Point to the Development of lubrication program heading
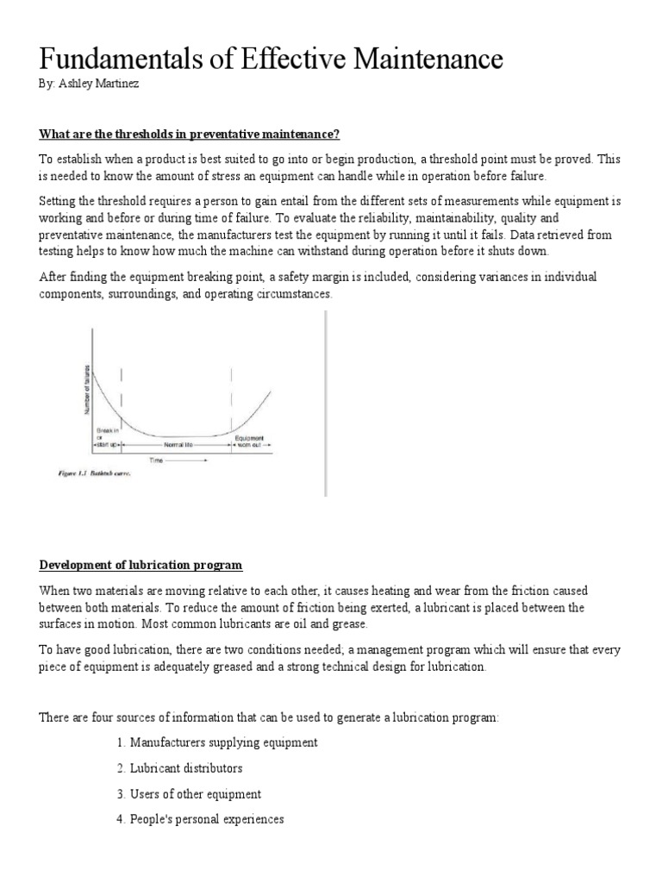pyautogui.click(x=141, y=565)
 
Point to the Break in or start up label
pyautogui.click(x=105, y=438)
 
